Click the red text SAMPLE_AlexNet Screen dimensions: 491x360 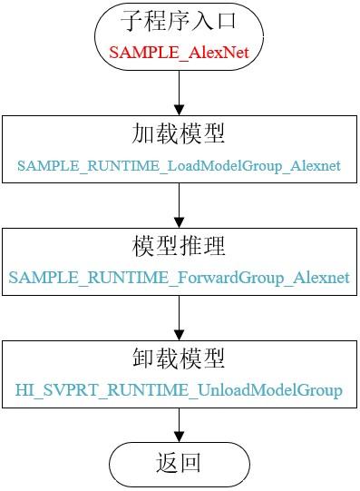click(179, 53)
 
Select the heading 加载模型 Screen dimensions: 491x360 click(179, 135)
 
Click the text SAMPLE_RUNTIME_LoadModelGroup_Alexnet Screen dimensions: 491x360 click(179, 166)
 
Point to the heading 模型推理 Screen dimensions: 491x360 click(179, 247)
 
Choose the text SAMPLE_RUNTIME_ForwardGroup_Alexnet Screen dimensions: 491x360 click(179, 279)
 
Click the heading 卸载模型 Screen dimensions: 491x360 click(179, 359)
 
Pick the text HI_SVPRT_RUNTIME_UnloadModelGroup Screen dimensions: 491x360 click(179, 391)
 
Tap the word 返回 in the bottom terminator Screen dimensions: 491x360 click(179, 464)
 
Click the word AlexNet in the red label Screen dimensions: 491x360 click(217, 53)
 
